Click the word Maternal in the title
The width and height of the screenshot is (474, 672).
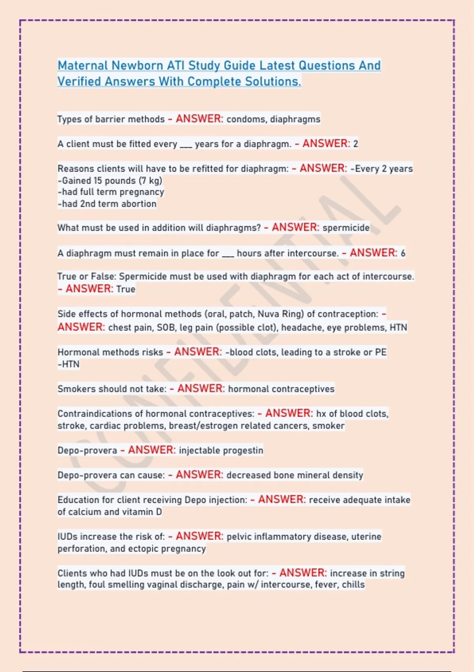click(83, 65)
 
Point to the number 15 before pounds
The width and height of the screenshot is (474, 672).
click(98, 181)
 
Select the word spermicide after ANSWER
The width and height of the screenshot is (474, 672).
click(346, 228)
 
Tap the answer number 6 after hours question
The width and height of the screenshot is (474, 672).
click(403, 253)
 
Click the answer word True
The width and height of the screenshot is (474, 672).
click(126, 289)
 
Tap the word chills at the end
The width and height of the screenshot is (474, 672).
click(353, 585)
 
